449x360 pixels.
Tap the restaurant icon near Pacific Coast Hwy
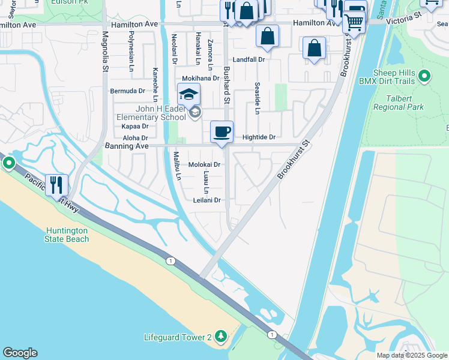click(57, 185)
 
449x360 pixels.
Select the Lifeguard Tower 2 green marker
click(221, 337)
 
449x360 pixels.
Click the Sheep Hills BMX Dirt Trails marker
click(425, 76)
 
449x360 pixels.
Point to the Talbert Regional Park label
click(398, 102)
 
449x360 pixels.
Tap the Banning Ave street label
click(127, 146)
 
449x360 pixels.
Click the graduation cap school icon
click(188, 95)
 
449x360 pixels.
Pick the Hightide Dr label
click(259, 137)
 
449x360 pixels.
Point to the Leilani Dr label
click(207, 200)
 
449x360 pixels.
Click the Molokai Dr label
click(205, 164)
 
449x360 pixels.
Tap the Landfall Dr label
click(249, 60)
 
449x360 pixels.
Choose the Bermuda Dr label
click(128, 91)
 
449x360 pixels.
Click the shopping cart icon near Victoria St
click(354, 23)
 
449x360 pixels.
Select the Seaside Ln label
click(257, 98)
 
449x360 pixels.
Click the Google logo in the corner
click(20, 353)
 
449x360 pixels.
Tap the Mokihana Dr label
click(200, 79)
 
